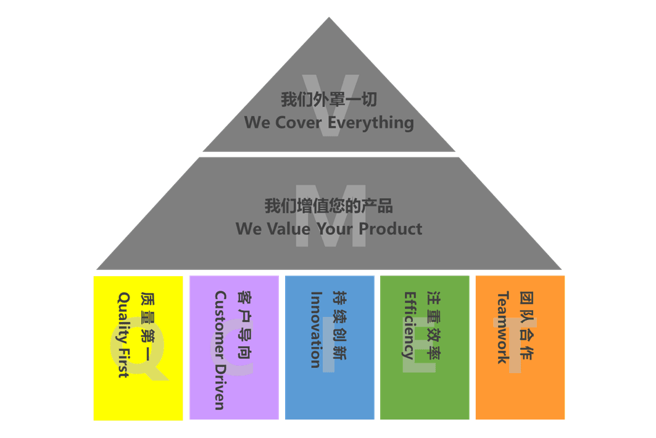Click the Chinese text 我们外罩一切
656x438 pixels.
point(328,99)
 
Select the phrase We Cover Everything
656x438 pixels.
point(328,122)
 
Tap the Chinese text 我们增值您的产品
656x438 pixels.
point(328,206)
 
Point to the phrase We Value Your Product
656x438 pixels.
point(328,229)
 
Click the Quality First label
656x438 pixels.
point(123,334)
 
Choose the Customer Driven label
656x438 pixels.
point(220,350)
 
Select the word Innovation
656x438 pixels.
point(316,329)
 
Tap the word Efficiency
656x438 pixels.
point(409,325)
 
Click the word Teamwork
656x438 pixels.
point(504,327)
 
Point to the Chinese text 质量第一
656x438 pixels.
point(148,327)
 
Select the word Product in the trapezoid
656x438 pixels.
point(391,229)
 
